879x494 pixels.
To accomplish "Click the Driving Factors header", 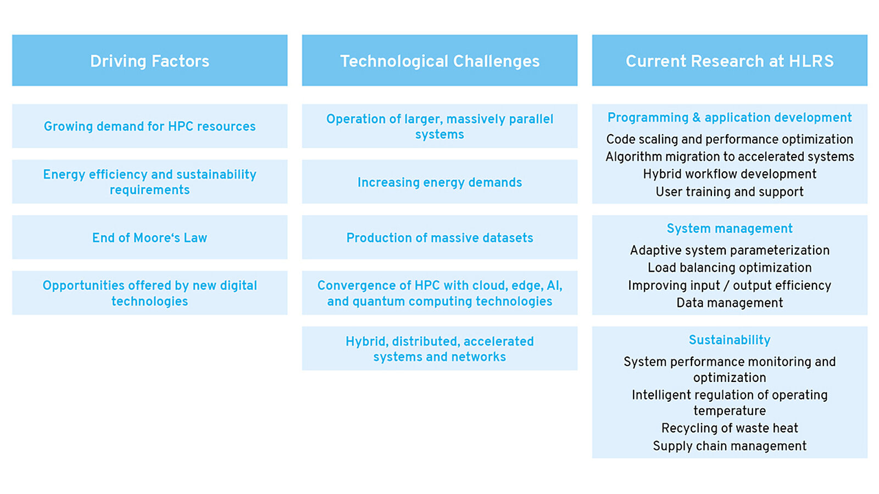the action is tap(149, 60).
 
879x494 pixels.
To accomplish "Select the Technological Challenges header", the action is tap(439, 60).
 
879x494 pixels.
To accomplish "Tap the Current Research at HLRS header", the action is tap(730, 60).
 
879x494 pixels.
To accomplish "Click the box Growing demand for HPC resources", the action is tap(149, 126).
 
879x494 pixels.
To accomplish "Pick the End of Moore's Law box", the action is tap(149, 237).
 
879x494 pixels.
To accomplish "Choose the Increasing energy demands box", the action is tap(439, 182).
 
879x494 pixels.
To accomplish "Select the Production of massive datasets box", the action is tap(439, 237).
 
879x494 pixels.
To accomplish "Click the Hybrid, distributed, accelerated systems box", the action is tap(439, 349).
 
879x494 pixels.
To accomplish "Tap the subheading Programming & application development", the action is tap(730, 117).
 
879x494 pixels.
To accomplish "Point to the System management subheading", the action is tap(730, 228).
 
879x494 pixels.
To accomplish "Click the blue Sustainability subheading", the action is tap(730, 340).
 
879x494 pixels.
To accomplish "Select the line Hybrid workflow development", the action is tap(730, 173).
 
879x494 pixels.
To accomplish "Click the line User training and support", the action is tap(730, 192).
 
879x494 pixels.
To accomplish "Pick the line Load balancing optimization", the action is tap(730, 267).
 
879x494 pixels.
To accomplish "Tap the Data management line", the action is tap(730, 302).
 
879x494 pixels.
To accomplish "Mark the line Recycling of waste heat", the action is tap(730, 428).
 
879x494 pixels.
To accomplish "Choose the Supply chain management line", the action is tap(730, 446).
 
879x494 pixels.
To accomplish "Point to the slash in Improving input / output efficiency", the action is tap(726, 285).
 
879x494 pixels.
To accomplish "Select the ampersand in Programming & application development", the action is tap(697, 117).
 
